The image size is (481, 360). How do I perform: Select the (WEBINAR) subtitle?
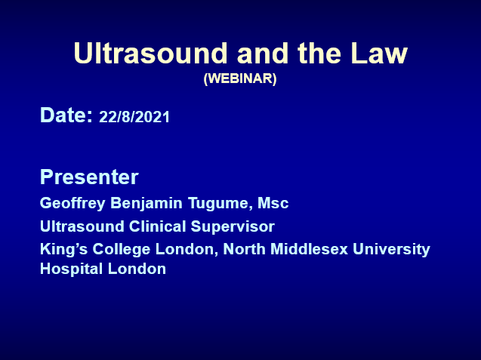click(x=240, y=78)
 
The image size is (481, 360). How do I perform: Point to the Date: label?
click(x=66, y=115)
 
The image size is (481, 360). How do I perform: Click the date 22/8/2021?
click(x=134, y=117)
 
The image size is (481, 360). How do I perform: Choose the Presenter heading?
click(x=89, y=177)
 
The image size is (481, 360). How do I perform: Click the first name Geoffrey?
click(x=72, y=203)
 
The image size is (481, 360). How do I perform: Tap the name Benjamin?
click(x=146, y=203)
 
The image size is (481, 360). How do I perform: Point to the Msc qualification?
click(x=273, y=203)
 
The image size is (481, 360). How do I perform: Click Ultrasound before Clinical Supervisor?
click(x=82, y=226)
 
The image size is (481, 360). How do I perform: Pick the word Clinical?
click(x=157, y=226)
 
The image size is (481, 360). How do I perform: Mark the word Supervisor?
click(x=233, y=227)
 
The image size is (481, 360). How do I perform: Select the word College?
click(x=122, y=249)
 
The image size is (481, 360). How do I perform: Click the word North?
click(x=244, y=249)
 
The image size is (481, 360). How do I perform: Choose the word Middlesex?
click(x=310, y=249)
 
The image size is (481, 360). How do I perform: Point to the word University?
click(x=391, y=250)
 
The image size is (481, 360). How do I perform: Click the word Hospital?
click(x=71, y=269)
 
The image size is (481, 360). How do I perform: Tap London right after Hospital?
click(x=137, y=269)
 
